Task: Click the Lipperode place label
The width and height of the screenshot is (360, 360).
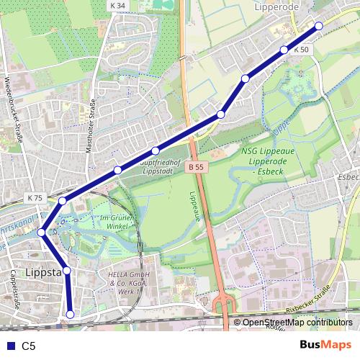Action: (x=276, y=6)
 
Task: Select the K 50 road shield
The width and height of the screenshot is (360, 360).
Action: (x=301, y=50)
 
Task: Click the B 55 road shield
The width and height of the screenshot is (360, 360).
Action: (x=193, y=167)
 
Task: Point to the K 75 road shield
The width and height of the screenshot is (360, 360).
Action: (x=35, y=197)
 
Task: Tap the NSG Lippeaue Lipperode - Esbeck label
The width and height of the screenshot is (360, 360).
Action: (x=268, y=162)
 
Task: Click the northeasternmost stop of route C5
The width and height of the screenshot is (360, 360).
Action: (x=319, y=26)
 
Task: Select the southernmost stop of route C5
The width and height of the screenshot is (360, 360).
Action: (x=71, y=314)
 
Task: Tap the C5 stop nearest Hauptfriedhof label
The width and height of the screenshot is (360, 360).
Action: (x=156, y=151)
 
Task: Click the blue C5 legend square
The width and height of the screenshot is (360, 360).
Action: (x=9, y=346)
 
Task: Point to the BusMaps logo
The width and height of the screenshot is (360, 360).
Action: (x=325, y=345)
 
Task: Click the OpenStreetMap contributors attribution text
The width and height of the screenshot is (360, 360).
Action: (x=297, y=323)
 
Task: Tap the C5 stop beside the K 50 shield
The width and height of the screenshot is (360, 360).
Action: (x=284, y=50)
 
